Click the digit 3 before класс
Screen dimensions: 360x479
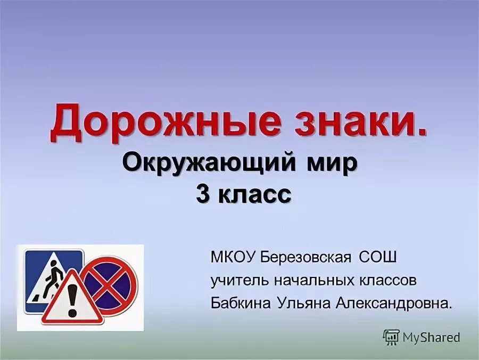pyautogui.click(x=202, y=194)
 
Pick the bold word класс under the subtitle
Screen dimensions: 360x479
pyautogui.click(x=254, y=194)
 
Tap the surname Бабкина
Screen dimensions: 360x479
pyautogui.click(x=241, y=304)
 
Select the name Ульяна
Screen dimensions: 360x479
pyautogui.click(x=304, y=304)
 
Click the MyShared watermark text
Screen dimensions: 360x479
pyautogui.click(x=431, y=337)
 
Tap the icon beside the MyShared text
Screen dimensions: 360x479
pyautogui.click(x=391, y=337)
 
